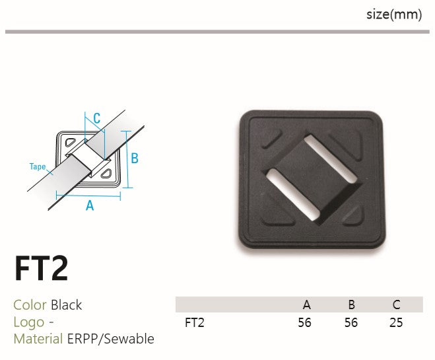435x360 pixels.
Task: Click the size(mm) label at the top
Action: (x=394, y=15)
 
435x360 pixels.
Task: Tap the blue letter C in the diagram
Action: (x=97, y=118)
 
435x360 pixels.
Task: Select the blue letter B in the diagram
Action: (x=135, y=159)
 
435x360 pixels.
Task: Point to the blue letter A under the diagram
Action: (x=90, y=205)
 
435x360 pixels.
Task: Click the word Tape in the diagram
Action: (x=38, y=166)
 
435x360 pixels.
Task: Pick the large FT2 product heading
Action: (x=42, y=268)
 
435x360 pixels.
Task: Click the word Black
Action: (x=66, y=305)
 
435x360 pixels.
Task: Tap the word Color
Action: (x=30, y=305)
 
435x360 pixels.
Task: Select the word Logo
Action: (x=29, y=322)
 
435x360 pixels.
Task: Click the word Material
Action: (x=38, y=339)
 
